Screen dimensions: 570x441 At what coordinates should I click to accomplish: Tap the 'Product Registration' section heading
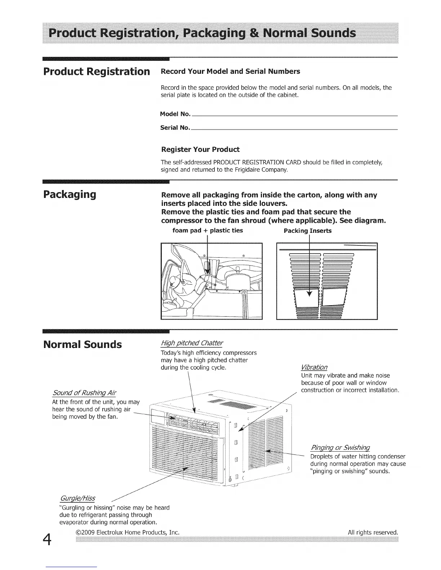click(96, 71)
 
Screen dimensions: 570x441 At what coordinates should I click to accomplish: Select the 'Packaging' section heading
click(70, 195)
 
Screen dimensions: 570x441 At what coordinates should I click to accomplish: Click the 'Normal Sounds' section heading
click(82, 345)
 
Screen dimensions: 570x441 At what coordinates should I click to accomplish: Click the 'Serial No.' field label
click(175, 128)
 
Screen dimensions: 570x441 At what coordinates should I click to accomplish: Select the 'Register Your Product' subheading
click(200, 149)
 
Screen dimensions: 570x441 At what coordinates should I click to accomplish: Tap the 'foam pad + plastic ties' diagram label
click(208, 231)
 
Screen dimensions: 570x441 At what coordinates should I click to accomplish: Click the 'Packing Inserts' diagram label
click(308, 231)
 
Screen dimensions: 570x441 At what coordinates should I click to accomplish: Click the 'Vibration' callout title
click(314, 367)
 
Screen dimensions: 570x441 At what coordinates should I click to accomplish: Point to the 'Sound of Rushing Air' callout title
click(84, 393)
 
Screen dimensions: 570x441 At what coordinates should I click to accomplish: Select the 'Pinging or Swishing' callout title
click(340, 448)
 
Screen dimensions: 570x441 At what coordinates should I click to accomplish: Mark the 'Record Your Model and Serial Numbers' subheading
click(230, 72)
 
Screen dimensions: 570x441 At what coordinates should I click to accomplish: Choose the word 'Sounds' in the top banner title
click(333, 33)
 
